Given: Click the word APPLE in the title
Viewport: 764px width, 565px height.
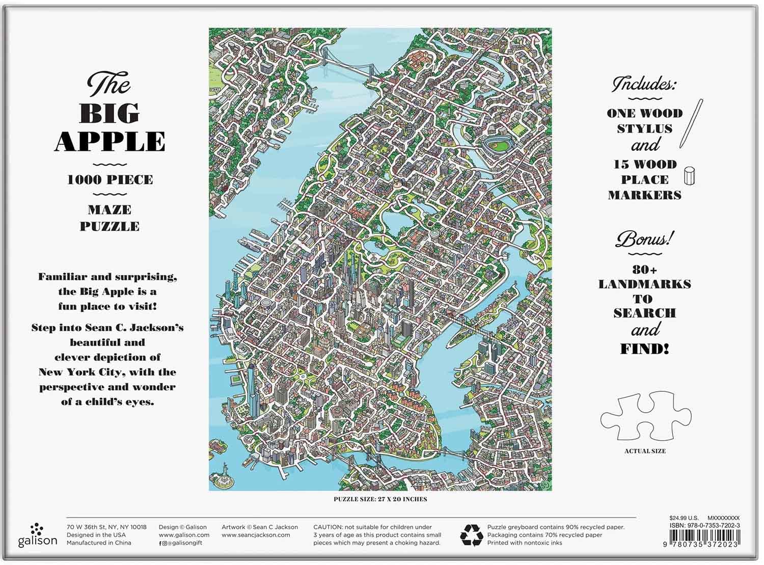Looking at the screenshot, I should (110, 142).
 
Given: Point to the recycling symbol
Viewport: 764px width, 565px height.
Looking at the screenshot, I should (471, 535).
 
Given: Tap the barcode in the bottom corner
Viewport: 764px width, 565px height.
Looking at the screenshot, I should (705, 538).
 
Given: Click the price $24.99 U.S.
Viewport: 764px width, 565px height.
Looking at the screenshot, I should (684, 518).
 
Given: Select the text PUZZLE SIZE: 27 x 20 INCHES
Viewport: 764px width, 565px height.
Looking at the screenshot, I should (380, 499).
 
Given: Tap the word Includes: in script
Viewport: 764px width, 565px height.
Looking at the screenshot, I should (644, 84).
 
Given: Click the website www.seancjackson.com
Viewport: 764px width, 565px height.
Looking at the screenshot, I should (256, 535).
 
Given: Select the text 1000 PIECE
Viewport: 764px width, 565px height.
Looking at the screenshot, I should (110, 180).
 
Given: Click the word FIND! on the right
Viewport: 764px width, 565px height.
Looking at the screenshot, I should (644, 349).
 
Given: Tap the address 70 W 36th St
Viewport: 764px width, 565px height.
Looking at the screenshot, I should (88, 527).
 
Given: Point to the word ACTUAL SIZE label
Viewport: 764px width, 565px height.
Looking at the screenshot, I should (645, 451).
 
